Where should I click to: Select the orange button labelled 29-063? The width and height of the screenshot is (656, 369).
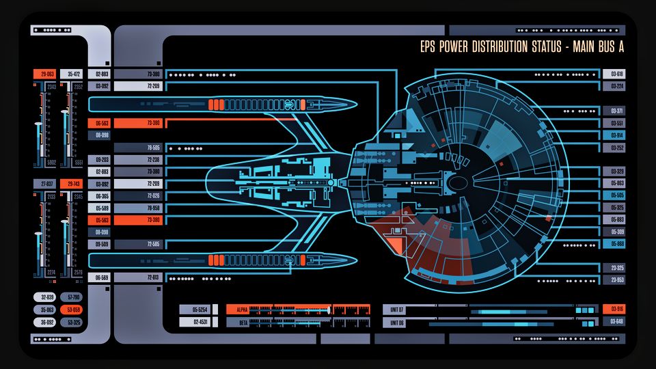coord(47,74)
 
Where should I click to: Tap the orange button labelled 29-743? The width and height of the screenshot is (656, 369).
coord(71,184)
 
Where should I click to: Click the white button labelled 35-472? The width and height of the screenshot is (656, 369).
coord(72,74)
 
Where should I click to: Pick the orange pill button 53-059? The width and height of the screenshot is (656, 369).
coord(72,310)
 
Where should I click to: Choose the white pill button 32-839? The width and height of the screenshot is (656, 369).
coord(46,297)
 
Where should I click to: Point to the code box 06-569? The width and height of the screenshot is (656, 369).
coord(100,277)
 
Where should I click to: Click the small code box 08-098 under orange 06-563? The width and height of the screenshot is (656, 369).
coord(100,135)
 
